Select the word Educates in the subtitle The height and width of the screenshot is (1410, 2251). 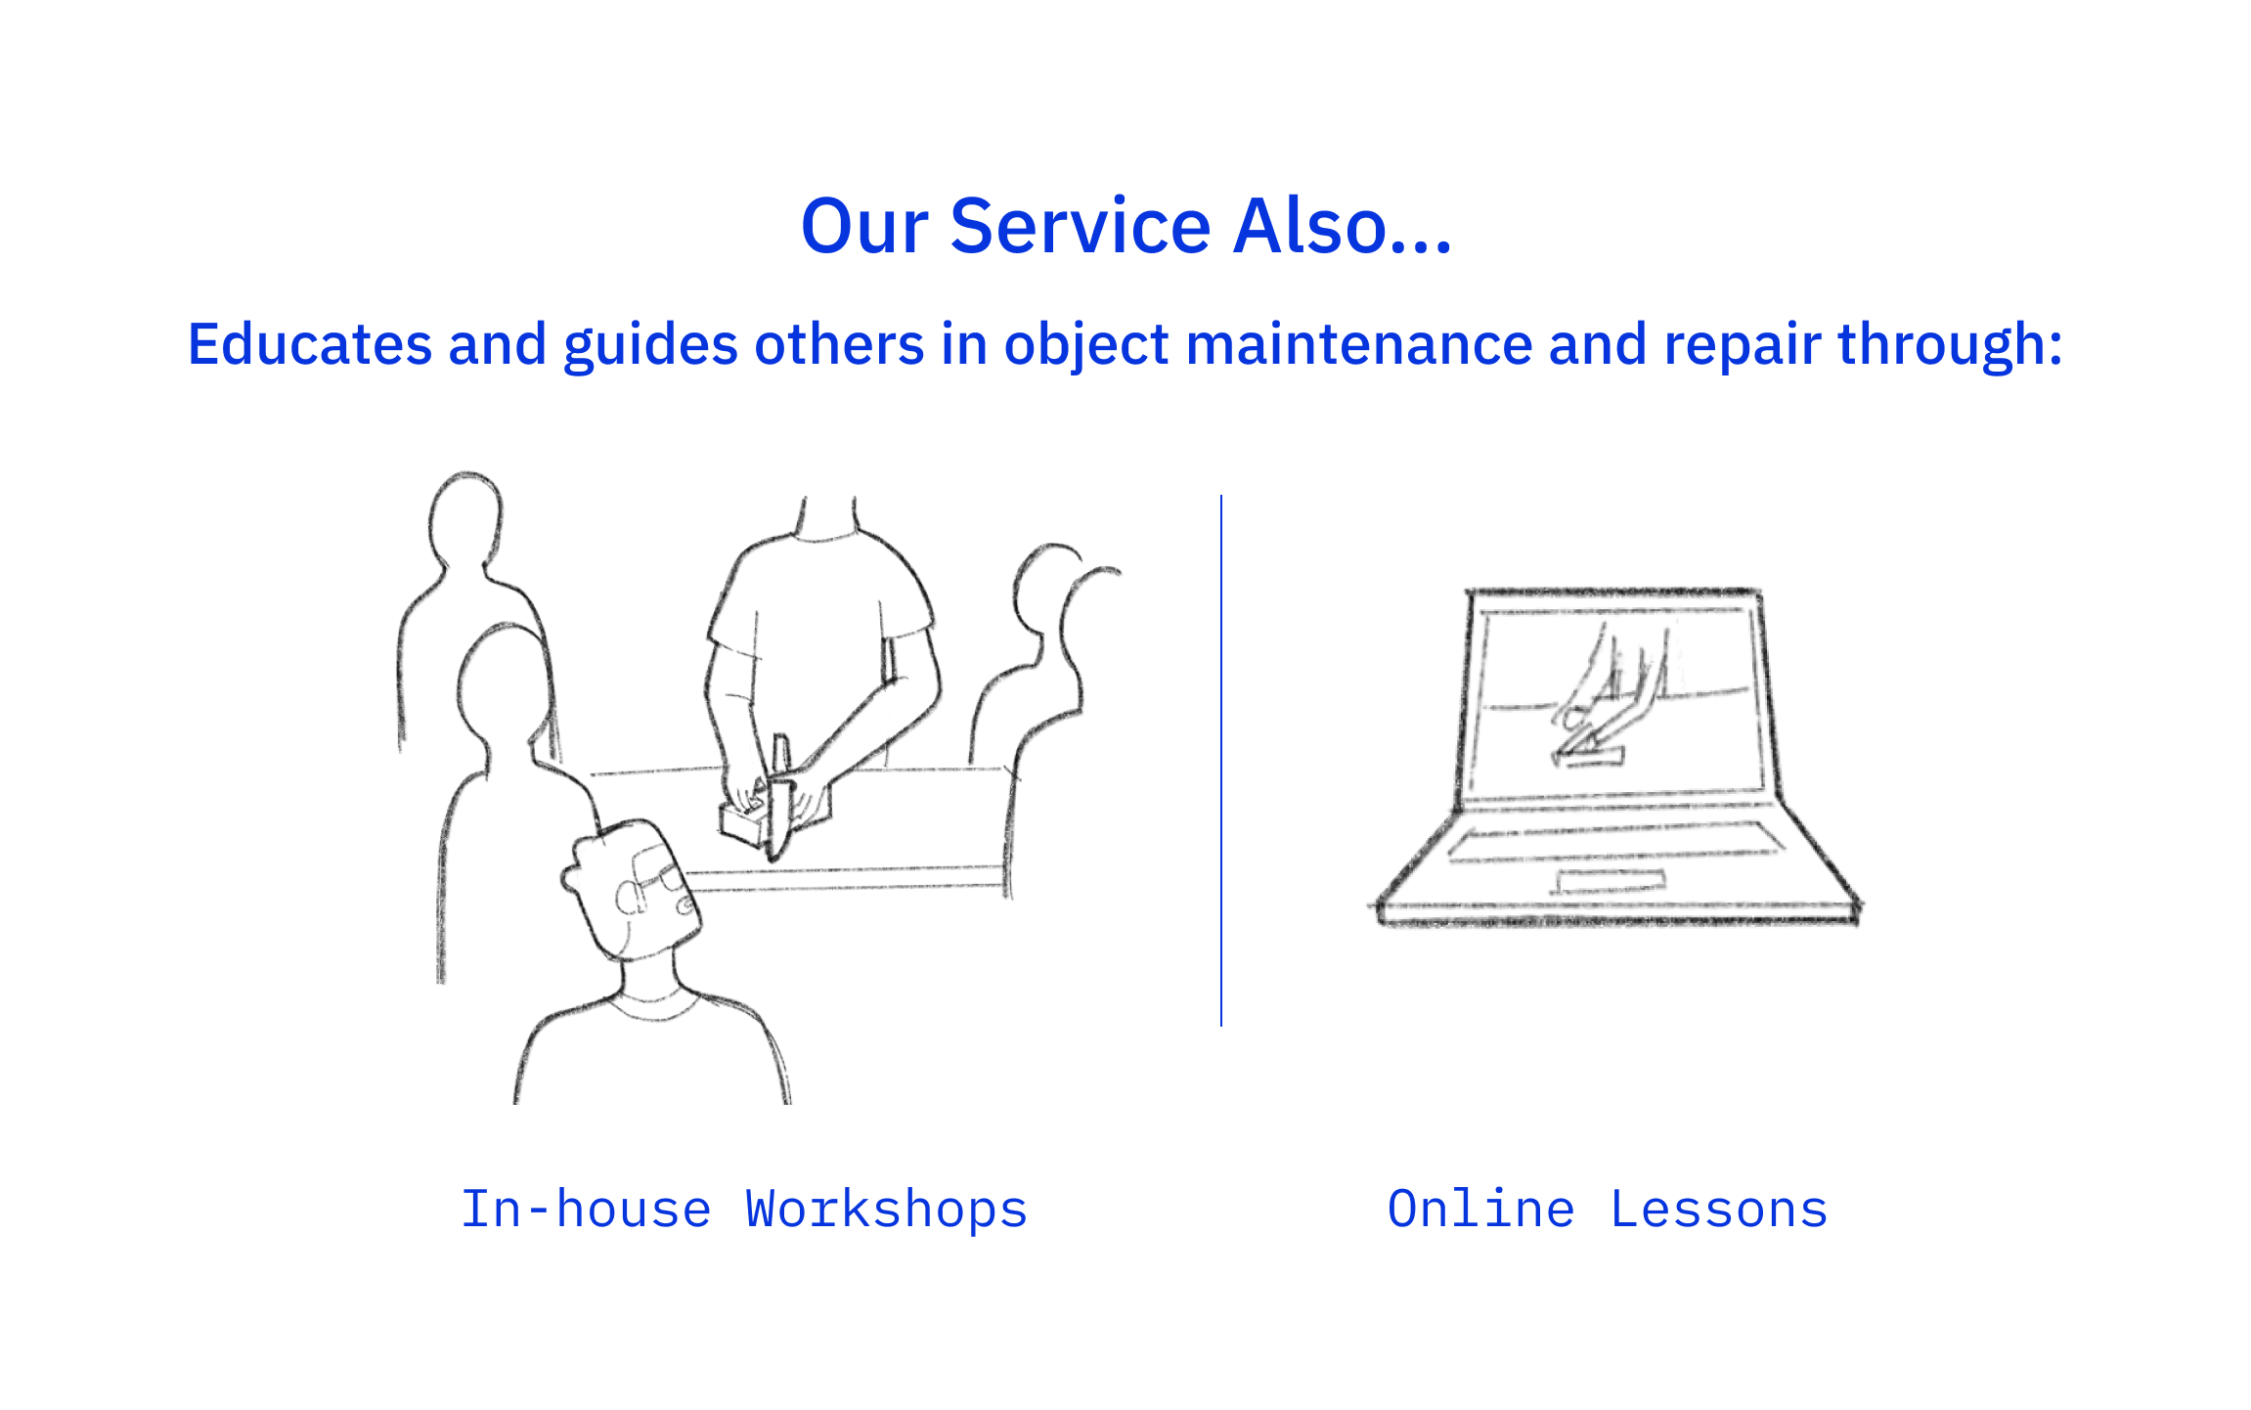coord(310,344)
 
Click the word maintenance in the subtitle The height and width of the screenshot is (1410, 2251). coord(1359,344)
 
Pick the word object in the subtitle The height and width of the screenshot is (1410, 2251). coord(1086,346)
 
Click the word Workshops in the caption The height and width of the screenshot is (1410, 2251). coord(887,1210)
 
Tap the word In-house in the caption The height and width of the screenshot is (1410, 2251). coord(586,1210)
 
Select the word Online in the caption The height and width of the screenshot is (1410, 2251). coord(1480,1210)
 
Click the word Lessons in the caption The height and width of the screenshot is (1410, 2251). coord(1719,1210)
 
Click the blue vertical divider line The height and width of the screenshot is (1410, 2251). coord(1221,761)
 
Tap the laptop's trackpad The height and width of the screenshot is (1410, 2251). coord(1610,881)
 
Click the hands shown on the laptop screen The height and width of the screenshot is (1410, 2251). coord(1604,699)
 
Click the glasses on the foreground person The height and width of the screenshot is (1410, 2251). coord(649,880)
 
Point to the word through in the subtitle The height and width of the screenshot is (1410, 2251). coord(1950,346)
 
